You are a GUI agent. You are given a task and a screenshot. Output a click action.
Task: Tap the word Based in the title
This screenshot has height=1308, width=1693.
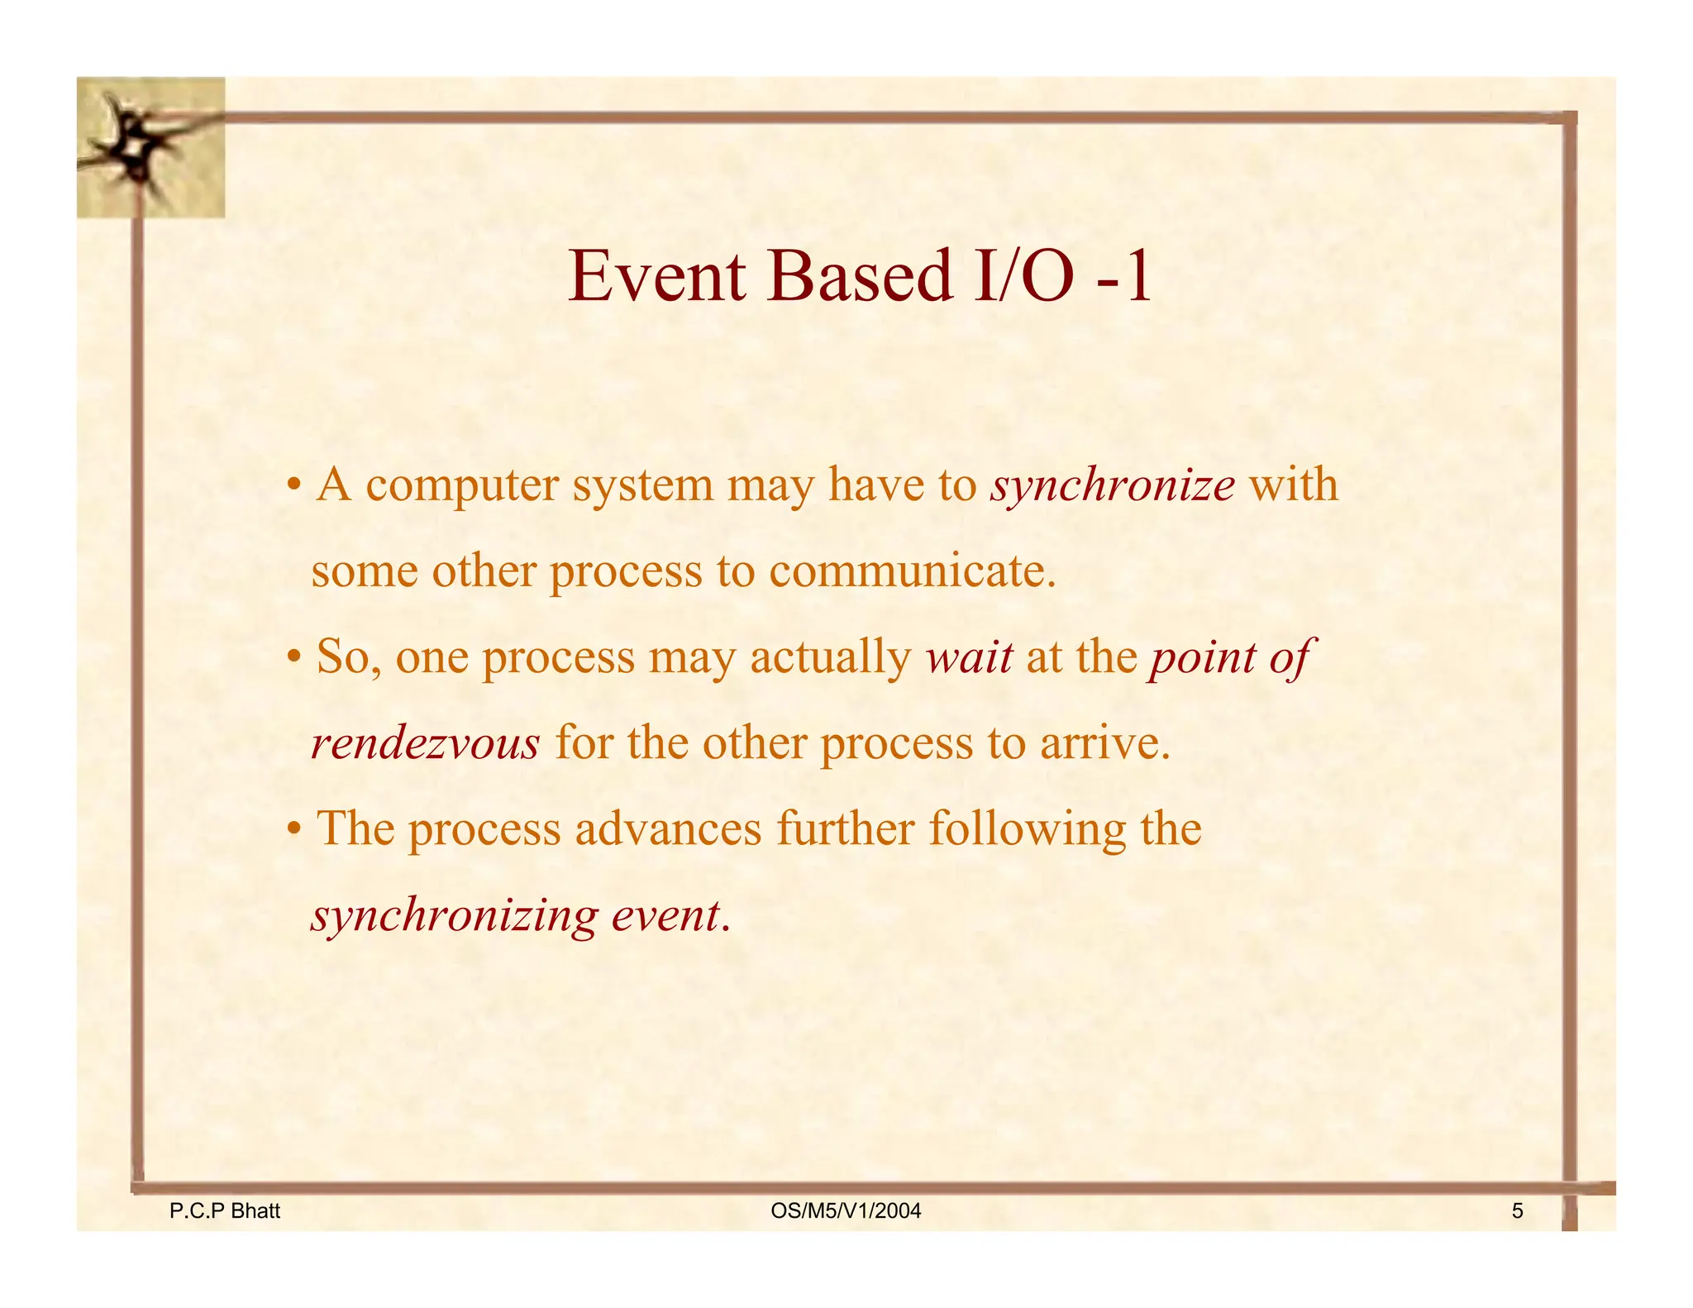point(860,277)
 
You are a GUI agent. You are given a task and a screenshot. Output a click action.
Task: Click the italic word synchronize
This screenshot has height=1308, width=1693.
point(1113,486)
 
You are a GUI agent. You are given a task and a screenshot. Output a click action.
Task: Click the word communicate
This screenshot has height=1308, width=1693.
point(913,572)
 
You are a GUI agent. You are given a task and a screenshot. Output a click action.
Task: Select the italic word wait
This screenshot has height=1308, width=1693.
point(970,658)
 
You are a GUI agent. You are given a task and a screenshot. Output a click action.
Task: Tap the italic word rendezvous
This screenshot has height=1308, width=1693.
point(425,744)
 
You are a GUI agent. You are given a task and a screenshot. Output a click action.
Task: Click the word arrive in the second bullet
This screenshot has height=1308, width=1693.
point(1104,744)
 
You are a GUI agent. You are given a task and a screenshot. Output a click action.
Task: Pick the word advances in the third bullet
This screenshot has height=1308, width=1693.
point(668,829)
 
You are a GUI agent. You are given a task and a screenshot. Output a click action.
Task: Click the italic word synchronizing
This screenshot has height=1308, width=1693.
point(454,916)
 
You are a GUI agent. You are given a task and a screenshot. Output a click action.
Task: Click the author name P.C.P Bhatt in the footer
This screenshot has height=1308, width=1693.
point(224,1211)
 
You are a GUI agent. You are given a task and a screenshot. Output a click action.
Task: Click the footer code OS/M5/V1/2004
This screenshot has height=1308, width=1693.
point(846,1211)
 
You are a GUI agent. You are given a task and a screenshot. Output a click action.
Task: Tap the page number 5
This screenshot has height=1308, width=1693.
point(1517,1211)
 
